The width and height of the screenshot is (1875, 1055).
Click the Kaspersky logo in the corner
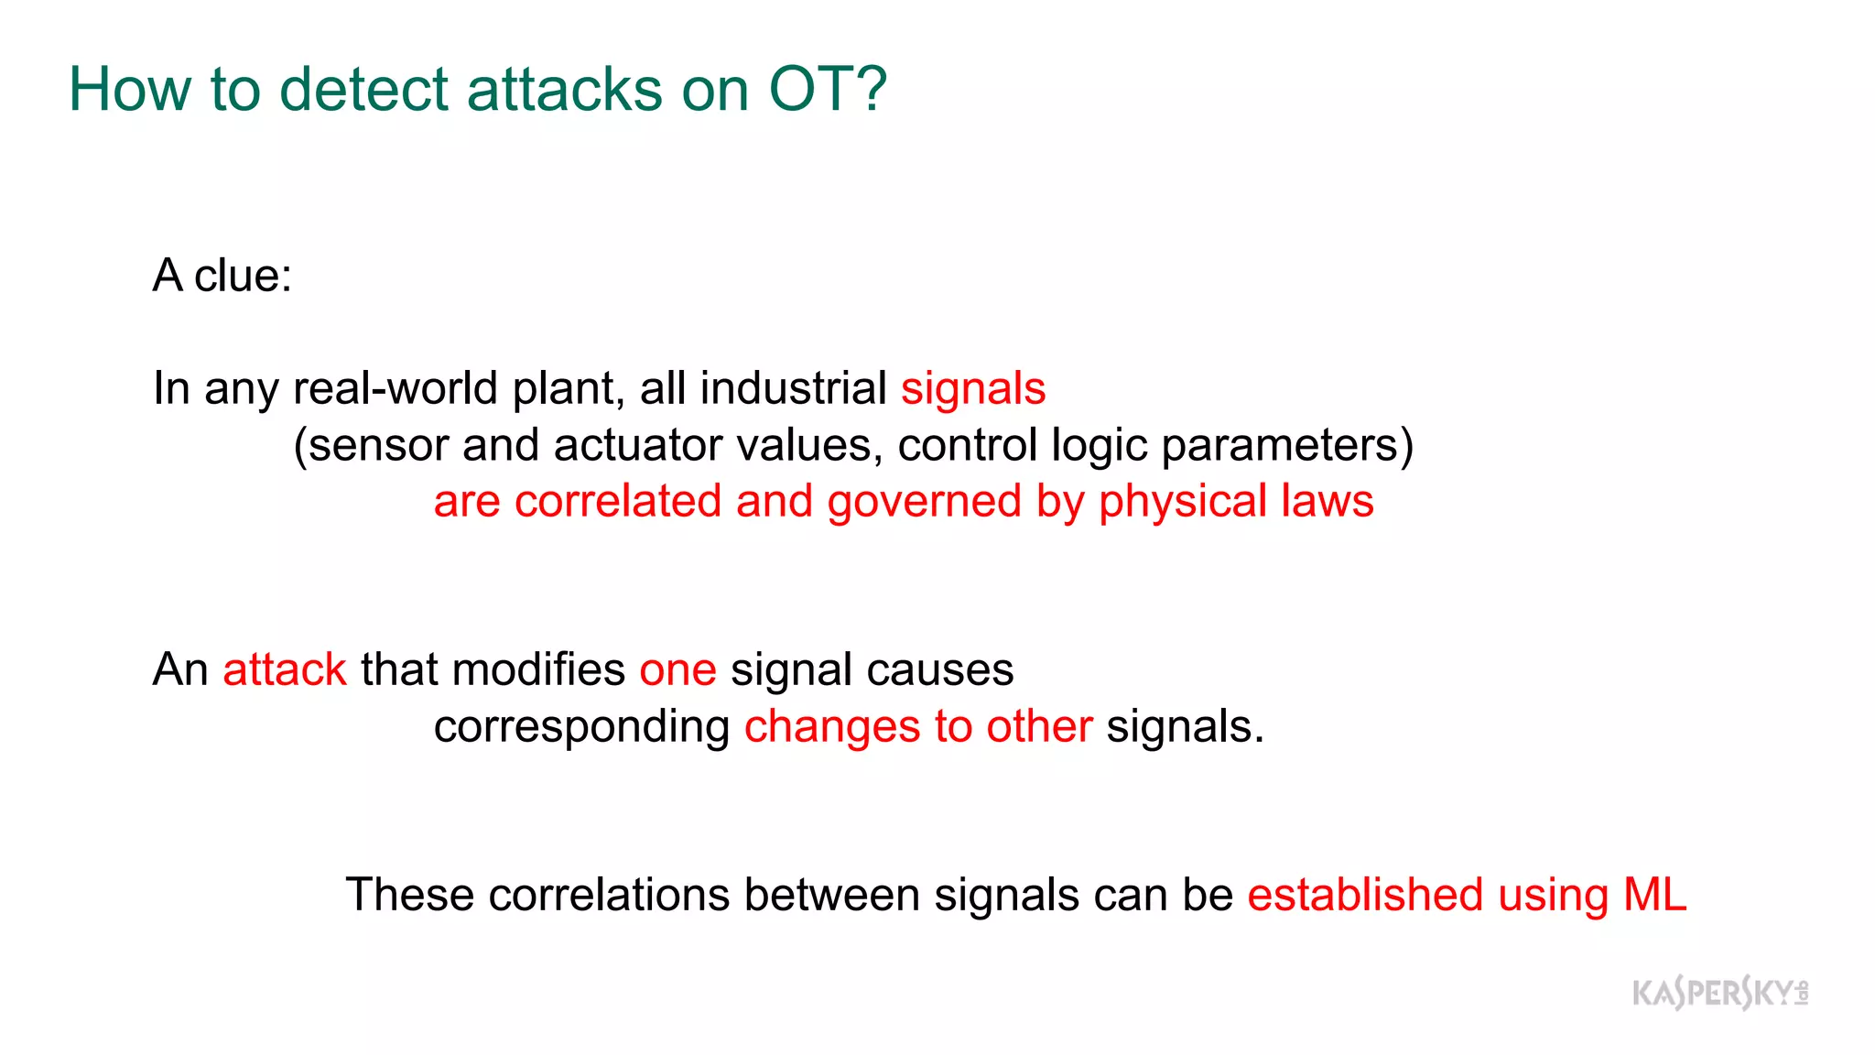(x=1719, y=993)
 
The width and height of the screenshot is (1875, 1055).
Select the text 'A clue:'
(x=222, y=276)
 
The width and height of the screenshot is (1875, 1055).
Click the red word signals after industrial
(x=973, y=388)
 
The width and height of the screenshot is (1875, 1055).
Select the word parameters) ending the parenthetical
(x=1287, y=445)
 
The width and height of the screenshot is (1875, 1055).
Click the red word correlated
(x=618, y=502)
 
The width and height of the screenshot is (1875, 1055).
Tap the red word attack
(x=285, y=669)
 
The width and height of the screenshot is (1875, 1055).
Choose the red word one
(x=677, y=669)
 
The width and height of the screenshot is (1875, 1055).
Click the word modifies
(x=538, y=669)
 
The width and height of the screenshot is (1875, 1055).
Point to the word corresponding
(x=581, y=727)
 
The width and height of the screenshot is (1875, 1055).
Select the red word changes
(x=832, y=727)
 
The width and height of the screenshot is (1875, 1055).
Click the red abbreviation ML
(x=1654, y=895)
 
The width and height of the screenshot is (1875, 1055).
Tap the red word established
(x=1364, y=895)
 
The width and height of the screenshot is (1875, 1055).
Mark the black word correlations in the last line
(x=609, y=895)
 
